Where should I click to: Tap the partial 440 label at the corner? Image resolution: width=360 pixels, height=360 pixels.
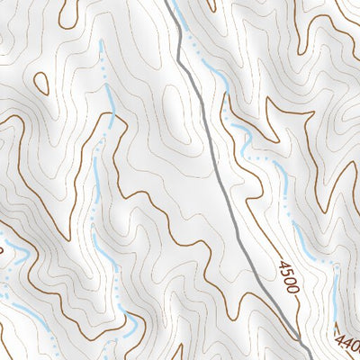347,345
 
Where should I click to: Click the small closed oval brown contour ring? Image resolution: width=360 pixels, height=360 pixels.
41,83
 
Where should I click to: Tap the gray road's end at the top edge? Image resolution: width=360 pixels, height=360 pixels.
167,2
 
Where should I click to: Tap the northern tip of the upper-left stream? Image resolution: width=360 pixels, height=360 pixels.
102,43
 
